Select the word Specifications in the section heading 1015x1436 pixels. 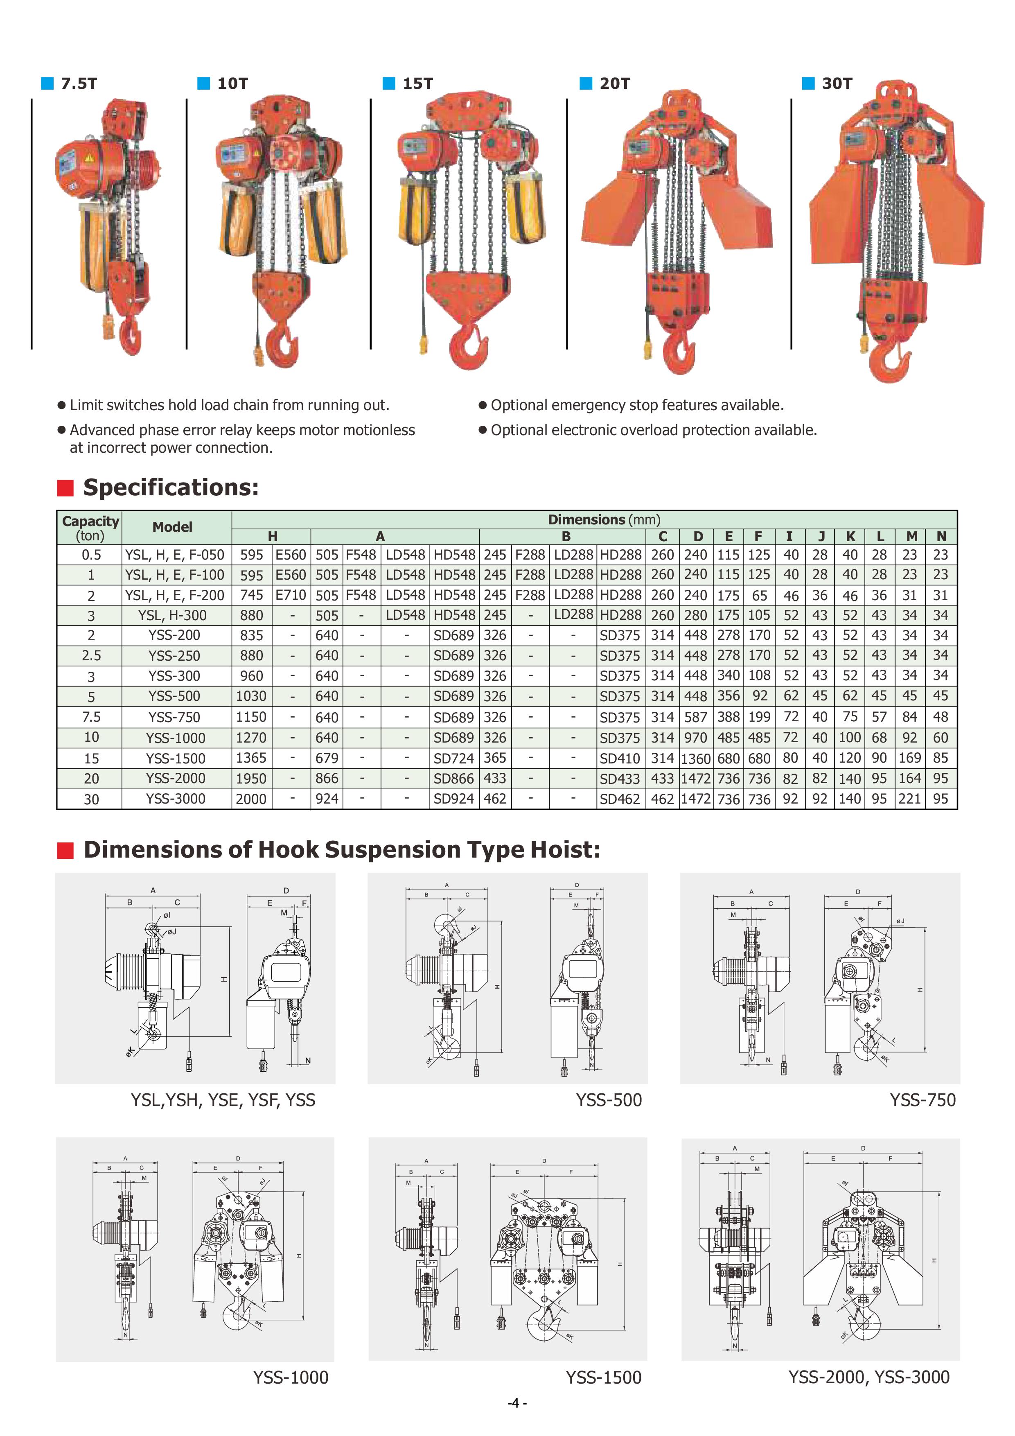tap(170, 487)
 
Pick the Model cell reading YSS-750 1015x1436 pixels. tap(174, 717)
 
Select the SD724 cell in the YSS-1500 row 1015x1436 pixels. tap(453, 758)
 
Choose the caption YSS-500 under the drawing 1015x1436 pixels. tap(609, 1100)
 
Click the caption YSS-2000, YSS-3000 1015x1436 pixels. tap(868, 1377)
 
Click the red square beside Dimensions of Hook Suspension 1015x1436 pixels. tap(65, 850)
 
